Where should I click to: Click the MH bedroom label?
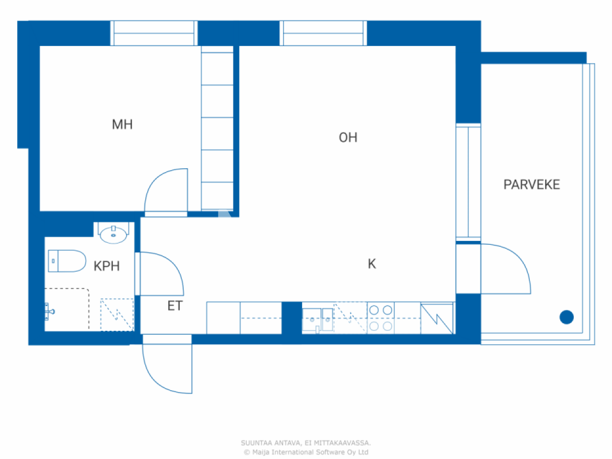(x=122, y=125)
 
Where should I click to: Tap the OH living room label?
(x=348, y=138)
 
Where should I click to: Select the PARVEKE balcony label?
(x=531, y=185)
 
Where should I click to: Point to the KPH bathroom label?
(x=106, y=266)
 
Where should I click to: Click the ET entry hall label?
(x=175, y=306)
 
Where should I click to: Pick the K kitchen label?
(x=372, y=264)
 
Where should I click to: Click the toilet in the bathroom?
(x=66, y=261)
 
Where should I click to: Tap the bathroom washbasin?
(x=113, y=234)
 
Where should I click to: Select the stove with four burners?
(x=381, y=318)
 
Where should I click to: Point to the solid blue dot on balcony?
(x=567, y=317)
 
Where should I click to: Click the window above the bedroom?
(x=154, y=33)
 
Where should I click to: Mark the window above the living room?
(x=324, y=33)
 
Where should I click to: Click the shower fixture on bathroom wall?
(x=49, y=311)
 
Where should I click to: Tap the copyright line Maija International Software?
(x=306, y=452)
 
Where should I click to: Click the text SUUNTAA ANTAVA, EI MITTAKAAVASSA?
(x=306, y=443)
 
